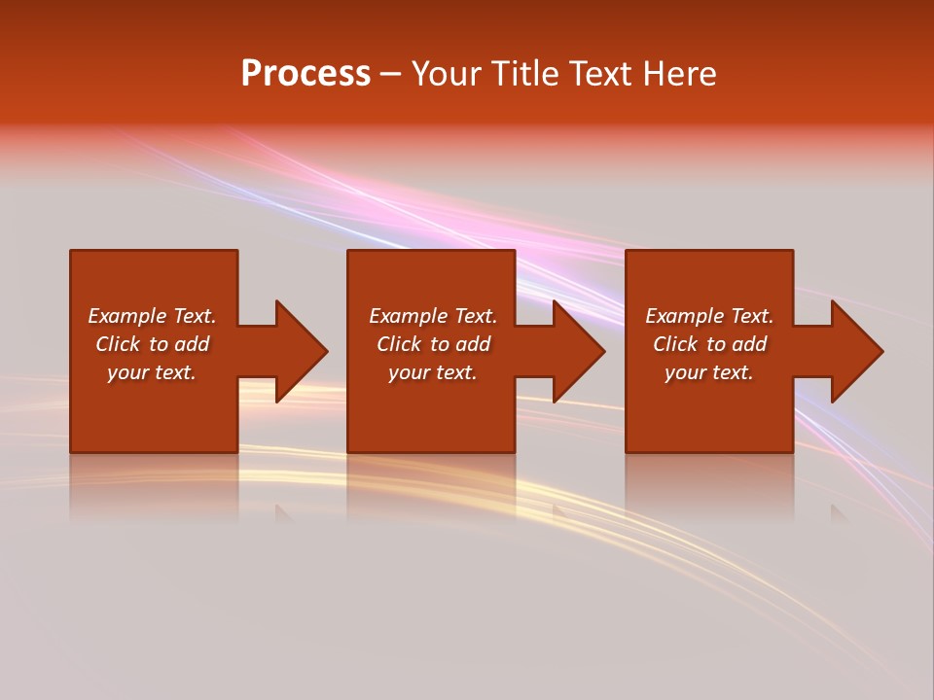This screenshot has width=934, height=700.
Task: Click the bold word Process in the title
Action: (305, 74)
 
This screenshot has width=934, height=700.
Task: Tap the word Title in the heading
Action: (523, 74)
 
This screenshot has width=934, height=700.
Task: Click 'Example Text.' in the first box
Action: (152, 316)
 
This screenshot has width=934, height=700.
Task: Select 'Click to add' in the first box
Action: (152, 344)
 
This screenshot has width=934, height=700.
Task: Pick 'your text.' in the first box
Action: (152, 372)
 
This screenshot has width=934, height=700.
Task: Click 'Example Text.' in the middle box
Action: (432, 316)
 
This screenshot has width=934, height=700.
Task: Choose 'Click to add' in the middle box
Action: (432, 344)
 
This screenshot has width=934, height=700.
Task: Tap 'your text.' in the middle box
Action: (432, 372)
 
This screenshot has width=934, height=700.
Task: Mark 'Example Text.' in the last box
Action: (709, 316)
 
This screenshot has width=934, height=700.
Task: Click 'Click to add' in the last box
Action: (709, 344)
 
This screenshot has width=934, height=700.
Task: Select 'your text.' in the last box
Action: (709, 372)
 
